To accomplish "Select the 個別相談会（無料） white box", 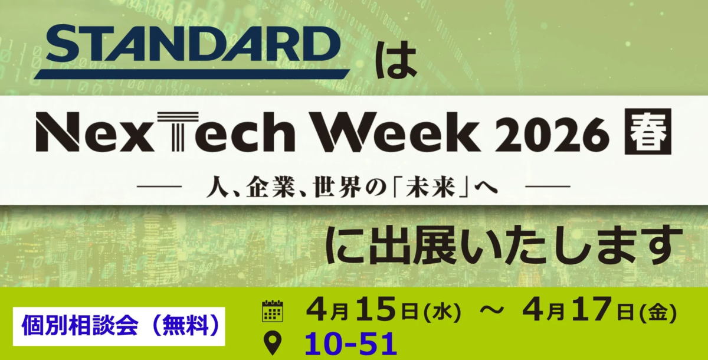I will click(119, 326).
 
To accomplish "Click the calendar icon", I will click(273, 311).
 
